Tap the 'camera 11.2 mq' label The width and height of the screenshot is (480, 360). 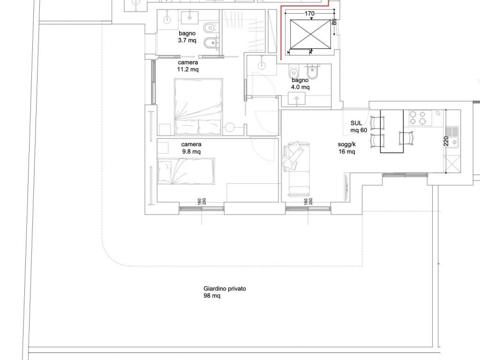[x=188, y=66]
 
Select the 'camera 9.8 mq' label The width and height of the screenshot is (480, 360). [x=191, y=148]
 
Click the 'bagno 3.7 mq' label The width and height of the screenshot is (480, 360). [x=187, y=37]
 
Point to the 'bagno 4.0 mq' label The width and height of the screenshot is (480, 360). [x=300, y=83]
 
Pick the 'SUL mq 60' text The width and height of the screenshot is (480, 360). [x=359, y=127]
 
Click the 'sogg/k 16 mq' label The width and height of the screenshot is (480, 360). [x=347, y=148]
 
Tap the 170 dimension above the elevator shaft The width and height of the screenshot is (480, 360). [x=309, y=14]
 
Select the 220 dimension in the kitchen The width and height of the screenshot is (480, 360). [x=446, y=141]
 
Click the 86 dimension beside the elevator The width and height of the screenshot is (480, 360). [x=334, y=22]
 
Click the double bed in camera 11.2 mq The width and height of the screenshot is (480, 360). [x=198, y=106]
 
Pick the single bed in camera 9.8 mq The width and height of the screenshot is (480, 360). [x=186, y=171]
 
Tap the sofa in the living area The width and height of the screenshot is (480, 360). [x=297, y=169]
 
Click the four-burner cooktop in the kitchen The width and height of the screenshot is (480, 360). [x=420, y=118]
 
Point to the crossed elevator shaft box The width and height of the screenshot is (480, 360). [x=310, y=34]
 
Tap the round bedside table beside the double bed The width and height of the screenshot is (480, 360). [x=230, y=127]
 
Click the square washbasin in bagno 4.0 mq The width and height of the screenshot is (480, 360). [x=297, y=98]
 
